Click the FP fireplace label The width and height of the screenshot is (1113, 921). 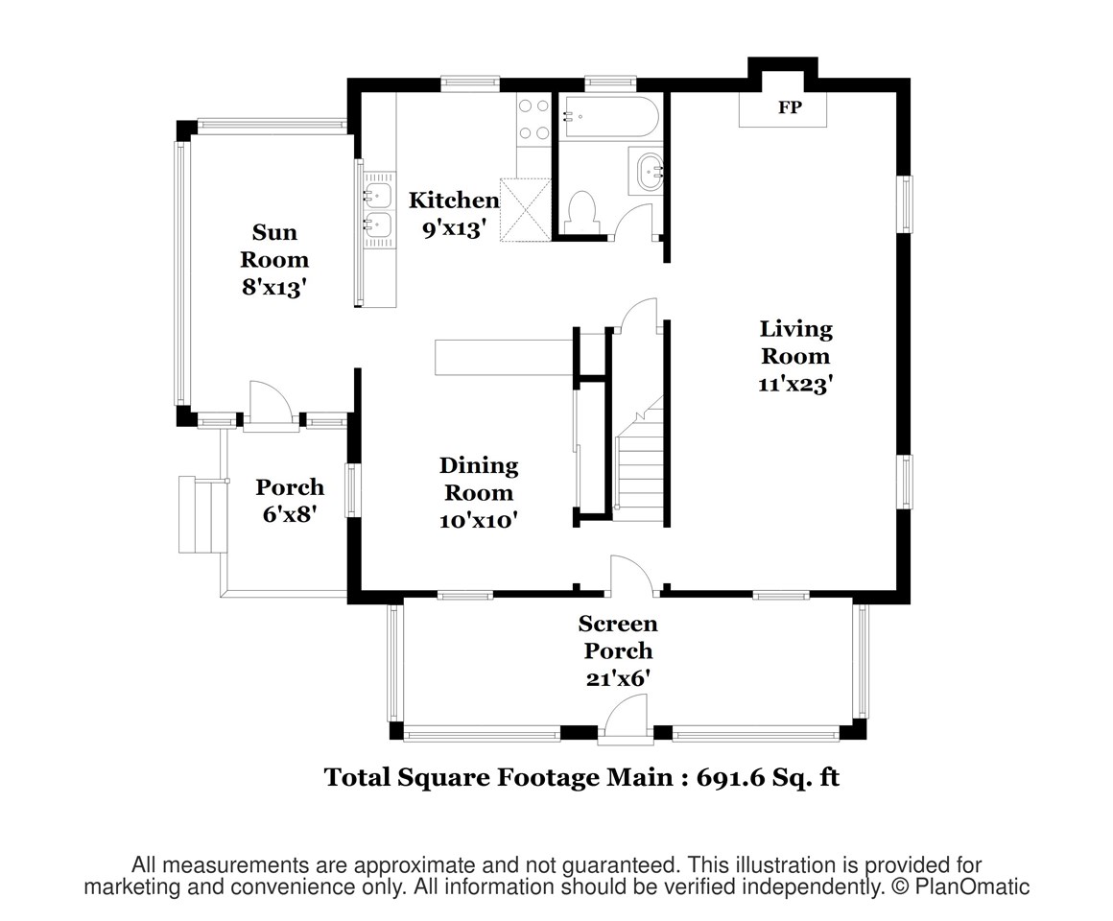(x=790, y=107)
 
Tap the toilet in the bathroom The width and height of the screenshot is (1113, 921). (x=582, y=210)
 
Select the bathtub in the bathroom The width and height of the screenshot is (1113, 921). (x=610, y=116)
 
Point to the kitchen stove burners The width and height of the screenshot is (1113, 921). (x=533, y=119)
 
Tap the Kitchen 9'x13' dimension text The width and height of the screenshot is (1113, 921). (x=454, y=228)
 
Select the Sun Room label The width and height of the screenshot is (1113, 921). (x=274, y=246)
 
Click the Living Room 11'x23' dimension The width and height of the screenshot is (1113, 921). (x=795, y=384)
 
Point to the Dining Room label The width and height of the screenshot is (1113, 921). (x=479, y=479)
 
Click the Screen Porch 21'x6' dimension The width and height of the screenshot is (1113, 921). (x=618, y=679)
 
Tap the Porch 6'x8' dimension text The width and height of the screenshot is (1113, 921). (x=289, y=513)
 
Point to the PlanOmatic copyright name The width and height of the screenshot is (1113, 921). (x=972, y=886)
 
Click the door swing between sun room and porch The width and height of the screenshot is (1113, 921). (x=271, y=403)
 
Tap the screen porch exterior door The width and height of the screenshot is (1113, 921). (x=626, y=718)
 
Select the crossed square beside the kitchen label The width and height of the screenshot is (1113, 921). (x=526, y=210)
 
